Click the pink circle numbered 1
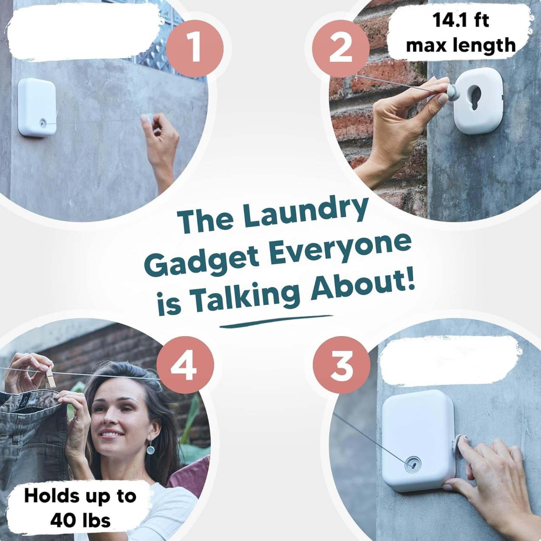point(194,49)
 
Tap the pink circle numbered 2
point(340,49)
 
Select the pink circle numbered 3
point(341,365)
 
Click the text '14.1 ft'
point(461,20)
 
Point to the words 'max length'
point(461,45)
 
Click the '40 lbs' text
point(80,520)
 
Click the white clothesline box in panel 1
point(37,107)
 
